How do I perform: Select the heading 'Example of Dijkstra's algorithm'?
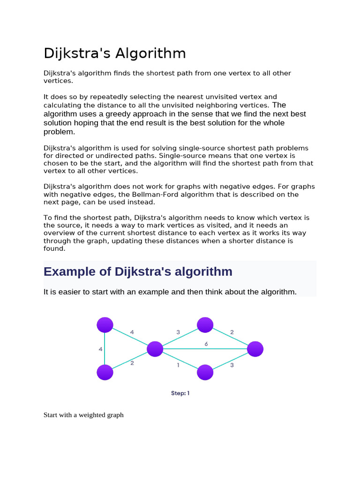(138, 271)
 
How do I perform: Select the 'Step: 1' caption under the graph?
(180, 393)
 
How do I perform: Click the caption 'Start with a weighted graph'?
(83, 415)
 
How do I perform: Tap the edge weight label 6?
(206, 344)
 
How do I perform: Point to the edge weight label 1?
(178, 365)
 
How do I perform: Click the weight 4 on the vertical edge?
(100, 349)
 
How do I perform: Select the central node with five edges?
(155, 349)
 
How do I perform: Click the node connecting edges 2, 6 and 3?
(255, 349)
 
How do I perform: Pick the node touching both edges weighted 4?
(105, 324)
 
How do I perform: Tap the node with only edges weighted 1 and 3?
(205, 372)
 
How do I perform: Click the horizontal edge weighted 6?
(220, 349)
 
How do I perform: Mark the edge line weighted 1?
(180, 360)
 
